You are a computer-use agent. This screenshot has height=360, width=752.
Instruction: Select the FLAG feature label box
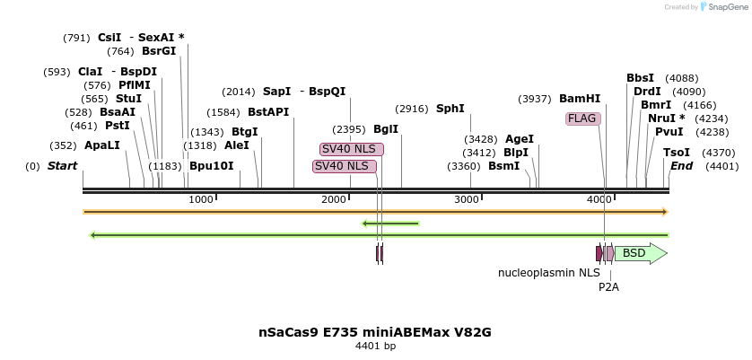point(581,119)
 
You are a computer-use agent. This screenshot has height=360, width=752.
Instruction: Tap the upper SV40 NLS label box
point(351,149)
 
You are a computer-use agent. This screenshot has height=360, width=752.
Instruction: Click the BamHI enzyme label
point(580,99)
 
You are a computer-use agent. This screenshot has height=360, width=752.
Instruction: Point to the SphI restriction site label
point(450,109)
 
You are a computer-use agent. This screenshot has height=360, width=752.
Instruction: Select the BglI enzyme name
point(386,129)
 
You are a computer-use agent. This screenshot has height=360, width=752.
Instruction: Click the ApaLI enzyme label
point(101,145)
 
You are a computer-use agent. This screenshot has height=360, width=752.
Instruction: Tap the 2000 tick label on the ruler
point(334,199)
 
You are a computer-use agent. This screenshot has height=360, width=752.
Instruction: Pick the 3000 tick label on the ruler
point(467,199)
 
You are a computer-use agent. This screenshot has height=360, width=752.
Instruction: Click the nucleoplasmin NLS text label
point(549,272)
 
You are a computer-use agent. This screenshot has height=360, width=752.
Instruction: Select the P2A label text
point(608,287)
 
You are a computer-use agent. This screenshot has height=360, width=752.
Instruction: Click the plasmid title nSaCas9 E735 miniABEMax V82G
point(374,332)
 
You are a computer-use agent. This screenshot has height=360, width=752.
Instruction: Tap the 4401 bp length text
point(375,347)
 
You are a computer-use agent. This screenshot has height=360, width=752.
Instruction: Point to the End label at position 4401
point(681,166)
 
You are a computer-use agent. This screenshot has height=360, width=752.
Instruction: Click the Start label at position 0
point(62,166)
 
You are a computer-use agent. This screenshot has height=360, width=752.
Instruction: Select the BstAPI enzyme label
point(268,112)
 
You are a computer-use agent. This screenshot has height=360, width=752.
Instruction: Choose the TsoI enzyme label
point(677,153)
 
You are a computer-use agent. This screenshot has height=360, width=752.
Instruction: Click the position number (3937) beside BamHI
point(535,99)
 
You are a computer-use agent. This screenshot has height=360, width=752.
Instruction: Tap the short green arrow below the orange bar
point(390,223)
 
